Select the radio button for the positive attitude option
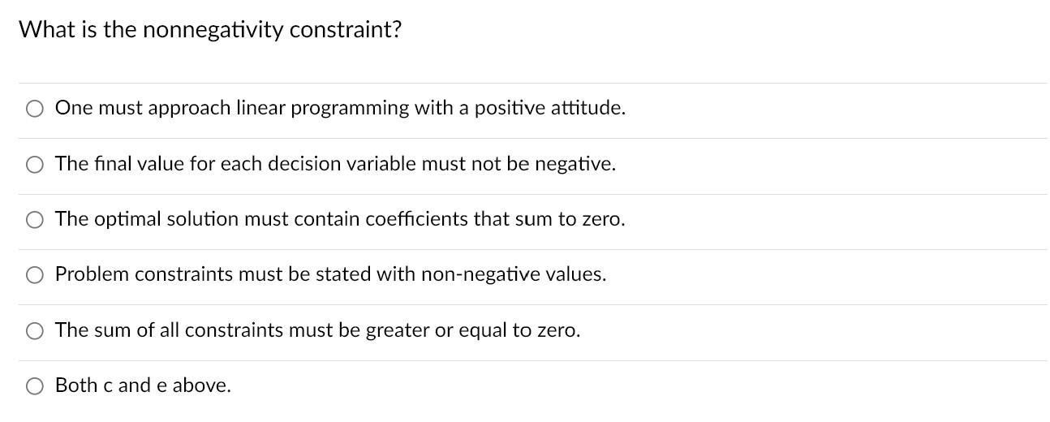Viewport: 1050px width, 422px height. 35,109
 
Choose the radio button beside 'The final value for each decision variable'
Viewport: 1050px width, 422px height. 35,165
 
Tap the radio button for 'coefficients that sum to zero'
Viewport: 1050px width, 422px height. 35,220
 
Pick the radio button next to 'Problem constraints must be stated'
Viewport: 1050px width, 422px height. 35,275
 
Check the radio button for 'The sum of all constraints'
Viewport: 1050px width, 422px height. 35,331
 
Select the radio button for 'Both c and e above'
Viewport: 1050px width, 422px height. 35,386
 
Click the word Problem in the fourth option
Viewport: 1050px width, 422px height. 92,274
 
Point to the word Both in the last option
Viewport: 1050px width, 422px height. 76,385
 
